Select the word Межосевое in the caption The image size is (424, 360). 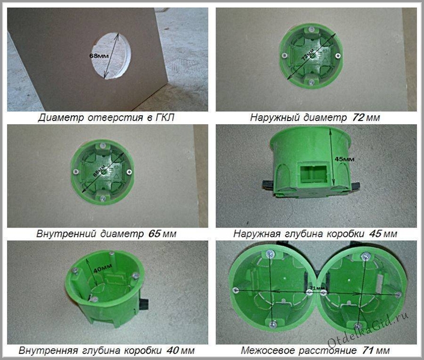tap(271, 349)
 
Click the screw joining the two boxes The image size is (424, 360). tap(309, 290)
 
